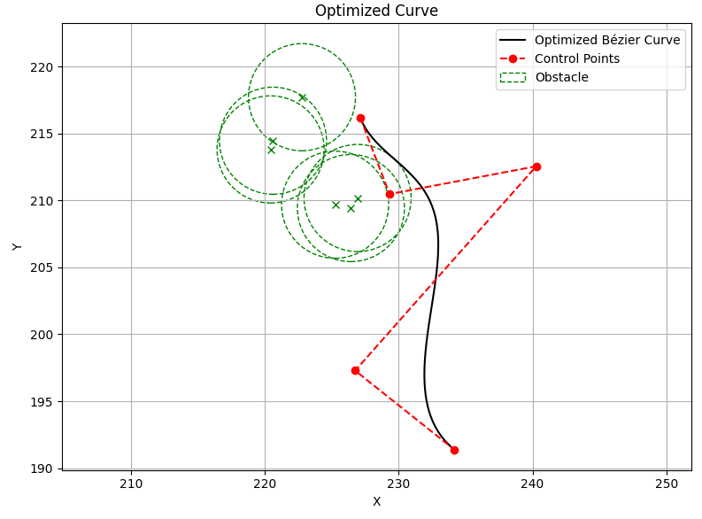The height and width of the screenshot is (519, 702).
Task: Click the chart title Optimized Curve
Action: pyautogui.click(x=376, y=11)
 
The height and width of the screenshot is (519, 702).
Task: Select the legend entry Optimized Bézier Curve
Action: pyautogui.click(x=607, y=40)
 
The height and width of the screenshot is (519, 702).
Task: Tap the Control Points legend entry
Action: pyautogui.click(x=577, y=58)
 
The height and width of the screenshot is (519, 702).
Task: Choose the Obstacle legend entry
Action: pyautogui.click(x=562, y=77)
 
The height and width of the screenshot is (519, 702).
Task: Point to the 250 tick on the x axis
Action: pyautogui.click(x=667, y=484)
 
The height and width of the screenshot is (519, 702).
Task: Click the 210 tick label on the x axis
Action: pyautogui.click(x=132, y=484)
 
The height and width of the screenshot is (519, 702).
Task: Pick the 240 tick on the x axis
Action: pyautogui.click(x=533, y=484)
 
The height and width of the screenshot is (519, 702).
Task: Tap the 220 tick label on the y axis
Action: pyautogui.click(x=42, y=67)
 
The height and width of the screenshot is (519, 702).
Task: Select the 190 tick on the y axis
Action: pyautogui.click(x=42, y=469)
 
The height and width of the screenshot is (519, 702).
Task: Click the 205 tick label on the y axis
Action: pyautogui.click(x=42, y=267)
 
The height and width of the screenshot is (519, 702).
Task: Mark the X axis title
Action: pyautogui.click(x=376, y=501)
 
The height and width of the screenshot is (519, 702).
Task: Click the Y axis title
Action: pyautogui.click(x=17, y=247)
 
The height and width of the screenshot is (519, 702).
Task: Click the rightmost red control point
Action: pyautogui.click(x=536, y=167)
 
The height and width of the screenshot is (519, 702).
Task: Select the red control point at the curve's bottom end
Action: pyautogui.click(x=454, y=450)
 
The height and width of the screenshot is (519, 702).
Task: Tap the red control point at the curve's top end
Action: pyautogui.click(x=360, y=118)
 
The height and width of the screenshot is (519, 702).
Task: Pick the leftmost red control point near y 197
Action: pyautogui.click(x=356, y=371)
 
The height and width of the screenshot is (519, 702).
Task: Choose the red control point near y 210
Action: pyautogui.click(x=390, y=194)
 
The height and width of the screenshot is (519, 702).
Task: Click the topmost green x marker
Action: pyautogui.click(x=303, y=97)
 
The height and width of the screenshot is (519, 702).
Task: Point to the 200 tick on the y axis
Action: pyautogui.click(x=42, y=335)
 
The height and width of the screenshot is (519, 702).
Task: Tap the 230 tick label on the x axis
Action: pyautogui.click(x=398, y=484)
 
